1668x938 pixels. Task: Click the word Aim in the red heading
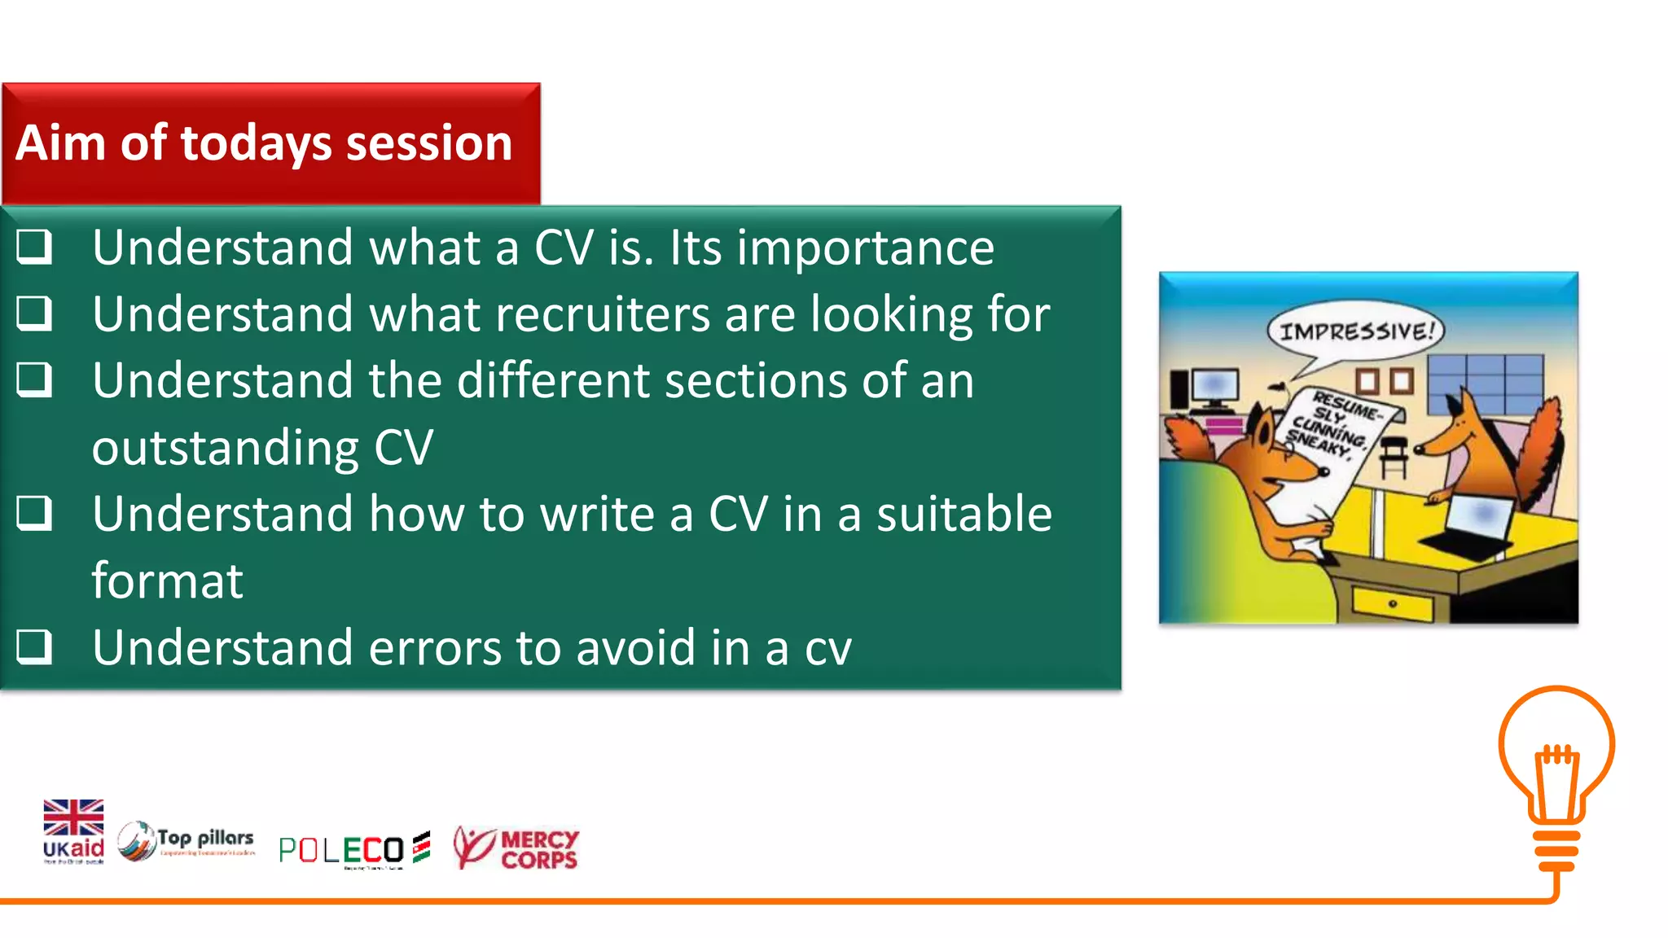(60, 143)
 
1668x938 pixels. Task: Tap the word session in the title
(428, 143)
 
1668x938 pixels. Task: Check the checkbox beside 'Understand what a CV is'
(34, 247)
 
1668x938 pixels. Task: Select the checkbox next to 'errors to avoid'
(34, 647)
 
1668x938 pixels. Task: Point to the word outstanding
(225, 448)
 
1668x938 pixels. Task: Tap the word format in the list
(167, 581)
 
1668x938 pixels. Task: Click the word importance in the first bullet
(865, 248)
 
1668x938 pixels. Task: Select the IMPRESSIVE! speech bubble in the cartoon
(1355, 331)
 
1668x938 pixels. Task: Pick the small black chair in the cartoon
(1394, 456)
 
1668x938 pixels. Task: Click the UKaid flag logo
(73, 831)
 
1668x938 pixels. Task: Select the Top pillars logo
(187, 841)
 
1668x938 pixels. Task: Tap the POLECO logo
(353, 850)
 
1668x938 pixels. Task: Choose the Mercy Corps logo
(516, 848)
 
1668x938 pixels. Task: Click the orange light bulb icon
(1556, 778)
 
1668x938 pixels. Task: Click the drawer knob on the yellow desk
(1393, 604)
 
